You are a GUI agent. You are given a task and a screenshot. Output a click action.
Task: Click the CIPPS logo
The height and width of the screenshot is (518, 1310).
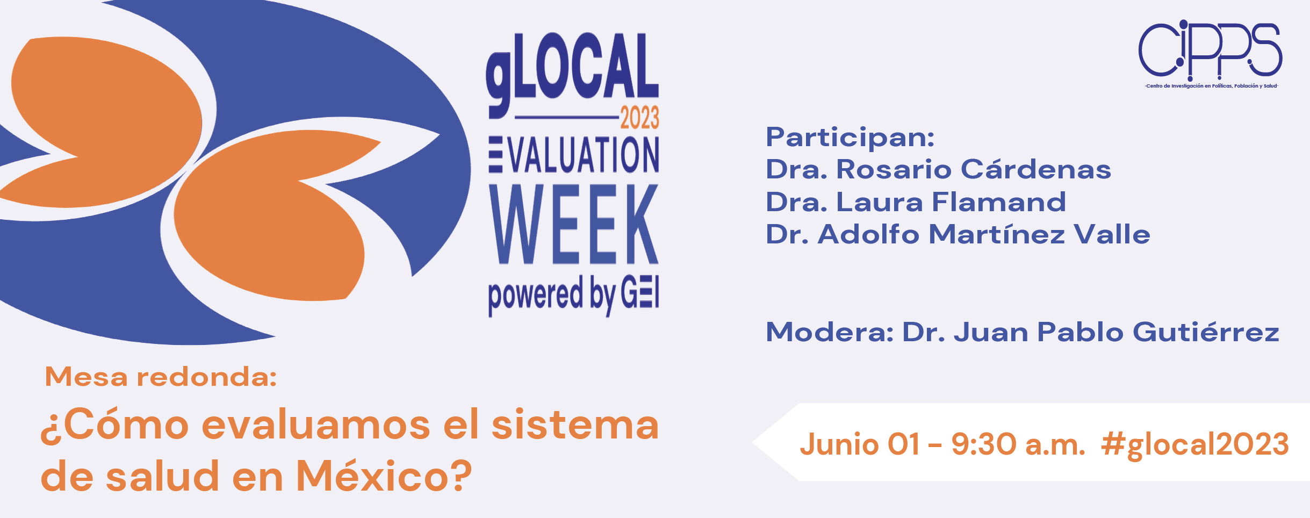click(x=1211, y=54)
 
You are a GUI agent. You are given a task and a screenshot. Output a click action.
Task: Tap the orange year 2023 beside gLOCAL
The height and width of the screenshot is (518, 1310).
click(x=639, y=118)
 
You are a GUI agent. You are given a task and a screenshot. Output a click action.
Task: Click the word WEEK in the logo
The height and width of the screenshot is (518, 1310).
click(x=574, y=224)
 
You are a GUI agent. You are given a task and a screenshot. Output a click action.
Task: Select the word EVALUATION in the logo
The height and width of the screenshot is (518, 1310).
click(x=574, y=155)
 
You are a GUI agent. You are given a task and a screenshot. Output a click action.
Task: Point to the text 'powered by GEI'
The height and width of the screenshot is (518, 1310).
click(x=574, y=295)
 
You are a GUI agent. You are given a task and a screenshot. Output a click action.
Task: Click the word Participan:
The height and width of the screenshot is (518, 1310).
click(x=850, y=138)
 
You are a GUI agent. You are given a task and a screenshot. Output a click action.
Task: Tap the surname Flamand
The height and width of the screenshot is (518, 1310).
click(x=998, y=202)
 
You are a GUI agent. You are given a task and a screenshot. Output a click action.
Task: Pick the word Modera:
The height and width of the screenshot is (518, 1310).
click(x=830, y=332)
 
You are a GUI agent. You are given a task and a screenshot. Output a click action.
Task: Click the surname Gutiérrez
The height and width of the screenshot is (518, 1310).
click(x=1206, y=332)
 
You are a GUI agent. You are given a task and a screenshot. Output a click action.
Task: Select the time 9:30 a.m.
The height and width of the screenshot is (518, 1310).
click(x=1018, y=444)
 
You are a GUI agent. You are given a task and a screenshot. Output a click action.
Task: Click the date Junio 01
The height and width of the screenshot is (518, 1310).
click(x=860, y=444)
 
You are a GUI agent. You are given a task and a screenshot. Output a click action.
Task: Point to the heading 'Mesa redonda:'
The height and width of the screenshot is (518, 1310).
click(x=161, y=376)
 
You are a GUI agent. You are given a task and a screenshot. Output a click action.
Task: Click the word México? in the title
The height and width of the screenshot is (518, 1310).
click(x=384, y=476)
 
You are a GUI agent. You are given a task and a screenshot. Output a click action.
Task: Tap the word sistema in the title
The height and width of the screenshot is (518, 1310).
click(x=575, y=424)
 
